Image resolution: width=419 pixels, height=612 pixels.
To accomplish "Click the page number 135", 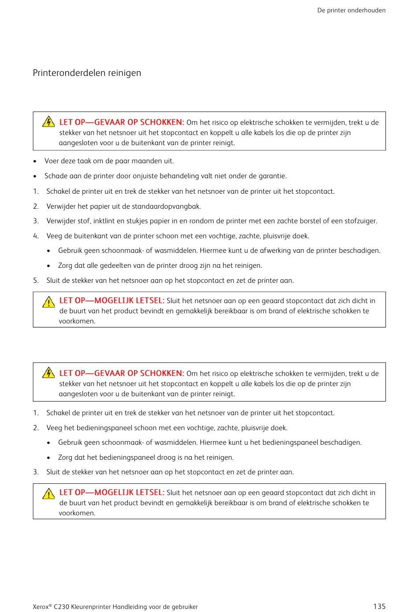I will [x=379, y=606].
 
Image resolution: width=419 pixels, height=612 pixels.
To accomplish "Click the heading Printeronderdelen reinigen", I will [x=87, y=73].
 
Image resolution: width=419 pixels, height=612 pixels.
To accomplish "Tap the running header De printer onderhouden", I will [x=351, y=10].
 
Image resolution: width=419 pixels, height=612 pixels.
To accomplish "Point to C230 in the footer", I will [x=61, y=607].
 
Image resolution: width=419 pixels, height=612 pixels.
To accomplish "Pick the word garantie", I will [x=272, y=176].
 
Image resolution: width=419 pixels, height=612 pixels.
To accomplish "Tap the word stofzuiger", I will [x=360, y=221].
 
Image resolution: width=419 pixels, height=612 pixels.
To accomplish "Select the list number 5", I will [x=35, y=281].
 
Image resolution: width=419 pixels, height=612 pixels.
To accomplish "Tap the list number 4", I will [x=35, y=236].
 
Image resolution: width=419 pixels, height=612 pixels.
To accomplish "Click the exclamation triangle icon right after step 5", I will [x=49, y=302].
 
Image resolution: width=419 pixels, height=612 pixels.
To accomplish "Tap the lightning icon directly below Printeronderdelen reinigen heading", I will [x=49, y=122].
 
